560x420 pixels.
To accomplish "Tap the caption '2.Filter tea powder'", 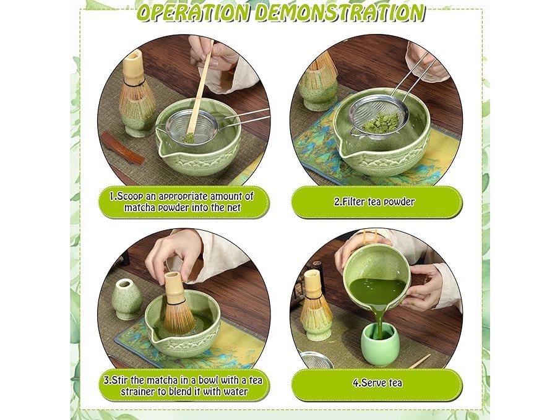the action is tap(374, 202).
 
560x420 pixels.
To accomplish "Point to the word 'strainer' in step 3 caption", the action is tap(137, 392).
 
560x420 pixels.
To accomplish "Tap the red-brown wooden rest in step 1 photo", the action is tap(122, 147).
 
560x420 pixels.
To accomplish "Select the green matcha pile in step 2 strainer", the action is tap(381, 122).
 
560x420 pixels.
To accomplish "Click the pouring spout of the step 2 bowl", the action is tap(344, 151).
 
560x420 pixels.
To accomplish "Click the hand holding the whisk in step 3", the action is tap(174, 256).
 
